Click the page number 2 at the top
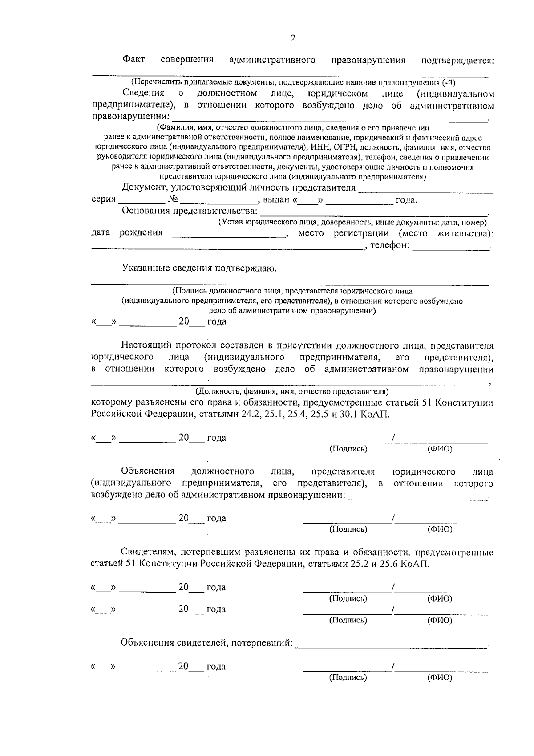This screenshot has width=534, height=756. pyautogui.click(x=293, y=38)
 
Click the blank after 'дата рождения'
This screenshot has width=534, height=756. pyautogui.click(x=229, y=233)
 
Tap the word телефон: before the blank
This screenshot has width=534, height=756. pyautogui.click(x=390, y=245)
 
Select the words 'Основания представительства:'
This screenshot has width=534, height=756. pyautogui.click(x=190, y=211)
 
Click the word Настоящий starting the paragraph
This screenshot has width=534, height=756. pyautogui.click(x=146, y=345)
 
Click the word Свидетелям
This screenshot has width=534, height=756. pyautogui.click(x=145, y=553)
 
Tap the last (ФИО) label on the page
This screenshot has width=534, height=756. pyautogui.click(x=440, y=678)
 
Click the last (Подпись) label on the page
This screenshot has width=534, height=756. pyautogui.click(x=348, y=678)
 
